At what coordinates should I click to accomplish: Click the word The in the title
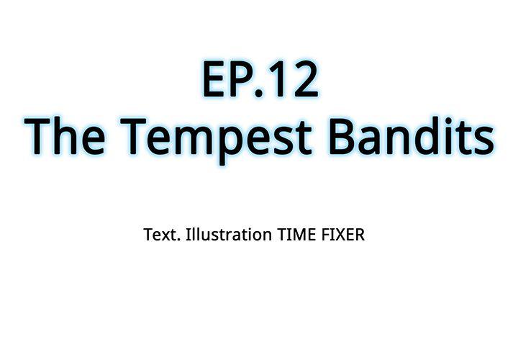[x=65, y=135]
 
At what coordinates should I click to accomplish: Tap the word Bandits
[x=412, y=135]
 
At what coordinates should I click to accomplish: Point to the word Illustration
[x=229, y=235]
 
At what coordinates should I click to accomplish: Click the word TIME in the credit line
[x=297, y=235]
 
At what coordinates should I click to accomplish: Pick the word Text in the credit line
[x=160, y=235]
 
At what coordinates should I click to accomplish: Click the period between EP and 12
[x=259, y=92]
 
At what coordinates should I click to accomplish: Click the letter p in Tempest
[x=232, y=145]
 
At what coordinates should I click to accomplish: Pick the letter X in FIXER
[x=340, y=235]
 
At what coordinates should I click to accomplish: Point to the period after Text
[x=178, y=240]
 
